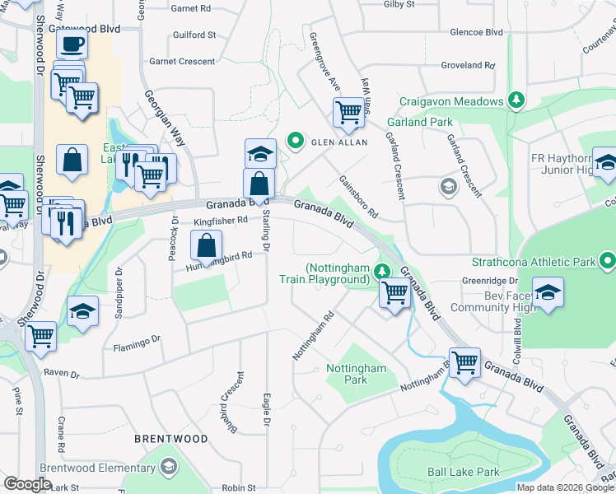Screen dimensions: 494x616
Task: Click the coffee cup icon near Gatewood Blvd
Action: point(72,44)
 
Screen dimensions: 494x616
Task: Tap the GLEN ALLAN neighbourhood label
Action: point(338,142)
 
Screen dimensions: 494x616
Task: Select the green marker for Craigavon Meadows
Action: point(516,100)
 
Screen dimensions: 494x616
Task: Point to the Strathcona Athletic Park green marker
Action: point(607,262)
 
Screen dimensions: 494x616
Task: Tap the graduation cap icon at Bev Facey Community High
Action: point(548,292)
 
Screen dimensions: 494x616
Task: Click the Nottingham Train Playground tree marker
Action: point(380,269)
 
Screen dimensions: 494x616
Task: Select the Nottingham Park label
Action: point(356,375)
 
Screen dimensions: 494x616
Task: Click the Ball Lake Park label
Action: point(463,473)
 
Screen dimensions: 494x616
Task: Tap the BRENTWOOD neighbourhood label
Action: point(171,439)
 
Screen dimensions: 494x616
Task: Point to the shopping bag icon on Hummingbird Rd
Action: point(206,244)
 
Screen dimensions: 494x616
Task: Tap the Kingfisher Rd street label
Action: point(221,221)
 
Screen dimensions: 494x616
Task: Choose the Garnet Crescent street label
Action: point(182,62)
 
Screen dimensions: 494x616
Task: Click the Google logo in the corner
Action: point(27,484)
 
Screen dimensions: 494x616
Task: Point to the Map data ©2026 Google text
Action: point(564,487)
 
